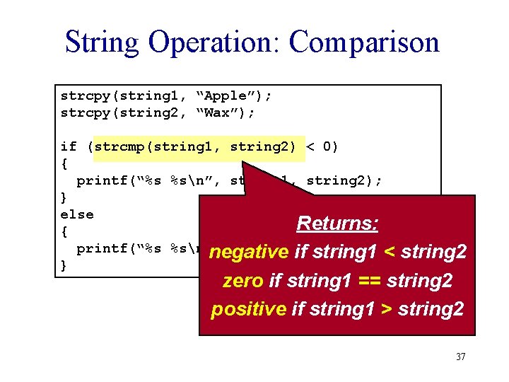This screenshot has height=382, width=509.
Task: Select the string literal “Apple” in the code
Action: pos(228,95)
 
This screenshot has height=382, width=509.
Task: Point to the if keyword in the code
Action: pos(69,147)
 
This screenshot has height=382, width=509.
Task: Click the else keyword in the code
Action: pos(77,214)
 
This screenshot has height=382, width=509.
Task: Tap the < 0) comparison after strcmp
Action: pos(322,147)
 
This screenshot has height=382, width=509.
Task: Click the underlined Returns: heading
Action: pos(337,224)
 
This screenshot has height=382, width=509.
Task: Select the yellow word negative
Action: pos(249,252)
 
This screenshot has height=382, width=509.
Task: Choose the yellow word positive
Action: pos(248,309)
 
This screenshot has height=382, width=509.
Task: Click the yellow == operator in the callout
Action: pos(368,281)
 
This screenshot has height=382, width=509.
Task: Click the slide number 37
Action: pos(460,357)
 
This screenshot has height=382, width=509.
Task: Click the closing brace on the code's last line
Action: pos(64,265)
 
